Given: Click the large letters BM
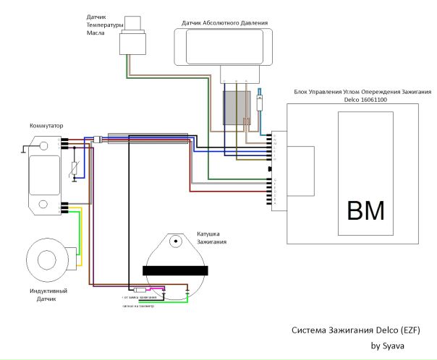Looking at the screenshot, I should [x=366, y=211].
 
